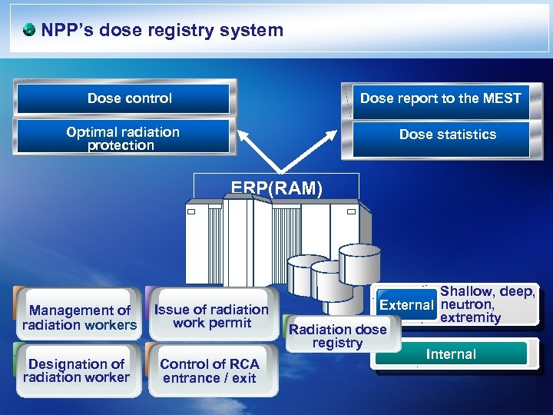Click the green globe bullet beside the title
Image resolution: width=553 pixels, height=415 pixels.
coord(29,31)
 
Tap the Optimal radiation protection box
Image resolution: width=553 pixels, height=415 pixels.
coord(123,138)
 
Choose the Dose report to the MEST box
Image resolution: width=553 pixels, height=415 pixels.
coord(440,98)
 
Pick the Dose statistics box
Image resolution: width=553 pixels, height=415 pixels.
coord(447,134)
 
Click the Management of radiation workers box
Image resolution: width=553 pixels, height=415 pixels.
coord(79,317)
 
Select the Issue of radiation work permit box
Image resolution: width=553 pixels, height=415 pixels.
coord(211,316)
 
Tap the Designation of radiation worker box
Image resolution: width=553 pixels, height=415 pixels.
coord(77,370)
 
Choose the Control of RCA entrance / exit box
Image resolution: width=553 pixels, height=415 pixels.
coord(210,370)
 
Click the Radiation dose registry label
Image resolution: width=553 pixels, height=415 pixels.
coord(337,336)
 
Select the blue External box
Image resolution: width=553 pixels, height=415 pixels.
coord(406,305)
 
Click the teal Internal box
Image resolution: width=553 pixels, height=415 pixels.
coord(451,354)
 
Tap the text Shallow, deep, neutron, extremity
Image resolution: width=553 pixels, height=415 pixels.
coord(485,304)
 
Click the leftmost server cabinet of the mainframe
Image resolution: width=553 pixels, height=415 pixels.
coord(203,246)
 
